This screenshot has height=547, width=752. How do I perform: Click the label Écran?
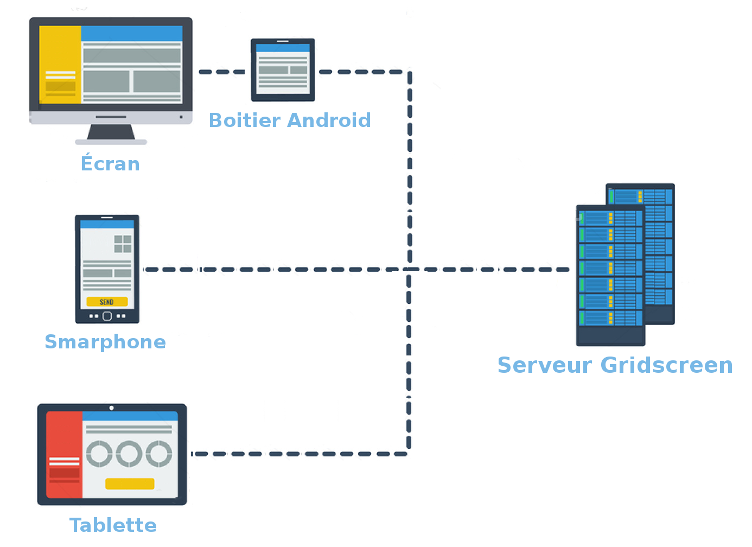pyautogui.click(x=110, y=163)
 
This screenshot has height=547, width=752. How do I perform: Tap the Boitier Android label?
pyautogui.click(x=290, y=120)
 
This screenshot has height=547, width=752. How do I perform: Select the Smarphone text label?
pyautogui.click(x=105, y=342)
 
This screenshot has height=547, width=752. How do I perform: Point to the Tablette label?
pyautogui.click(x=113, y=525)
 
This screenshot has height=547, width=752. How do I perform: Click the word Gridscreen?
pyautogui.click(x=667, y=365)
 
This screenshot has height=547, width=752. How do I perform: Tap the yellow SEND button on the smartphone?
pyautogui.click(x=107, y=302)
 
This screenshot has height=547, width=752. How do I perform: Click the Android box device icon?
pyautogui.click(x=283, y=70)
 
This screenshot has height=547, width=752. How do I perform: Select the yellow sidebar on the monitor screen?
pyautogui.click(x=60, y=64)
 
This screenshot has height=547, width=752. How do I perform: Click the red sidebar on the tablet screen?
pyautogui.click(x=64, y=454)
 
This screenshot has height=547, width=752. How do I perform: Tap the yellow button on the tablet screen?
pyautogui.click(x=130, y=484)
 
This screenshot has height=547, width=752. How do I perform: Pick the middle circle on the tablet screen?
pyautogui.click(x=129, y=454)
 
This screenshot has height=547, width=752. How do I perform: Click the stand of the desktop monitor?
pyautogui.click(x=111, y=132)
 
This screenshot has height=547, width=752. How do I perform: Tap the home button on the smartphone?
pyautogui.click(x=107, y=316)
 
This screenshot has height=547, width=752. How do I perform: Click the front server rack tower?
pyautogui.click(x=610, y=275)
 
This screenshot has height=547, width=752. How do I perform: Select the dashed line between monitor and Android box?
pyautogui.click(x=221, y=72)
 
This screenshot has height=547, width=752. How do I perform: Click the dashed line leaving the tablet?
pyautogui.click(x=298, y=454)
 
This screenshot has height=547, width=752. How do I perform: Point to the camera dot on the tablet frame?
pyautogui.click(x=112, y=408)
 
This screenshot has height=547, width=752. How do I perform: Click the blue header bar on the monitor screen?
pyautogui.click(x=132, y=33)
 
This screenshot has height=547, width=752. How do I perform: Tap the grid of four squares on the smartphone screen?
pyautogui.click(x=123, y=244)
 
